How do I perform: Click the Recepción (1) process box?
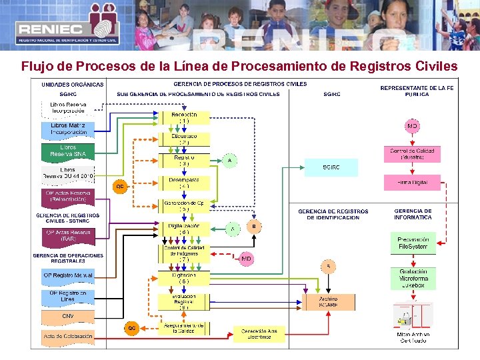183,117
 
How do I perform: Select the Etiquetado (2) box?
183,139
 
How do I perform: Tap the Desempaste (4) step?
183,183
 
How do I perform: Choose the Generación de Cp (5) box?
183,205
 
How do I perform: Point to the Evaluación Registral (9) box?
183,301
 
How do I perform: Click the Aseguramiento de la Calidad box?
183,327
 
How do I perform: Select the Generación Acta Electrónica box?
259,333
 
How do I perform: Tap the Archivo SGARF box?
327,302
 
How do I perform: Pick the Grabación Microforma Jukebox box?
413,278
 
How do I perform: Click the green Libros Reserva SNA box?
67,151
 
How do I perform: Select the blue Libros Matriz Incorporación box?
67,129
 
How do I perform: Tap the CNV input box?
67,316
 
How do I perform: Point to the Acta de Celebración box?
67,336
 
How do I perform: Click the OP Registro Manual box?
67,275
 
